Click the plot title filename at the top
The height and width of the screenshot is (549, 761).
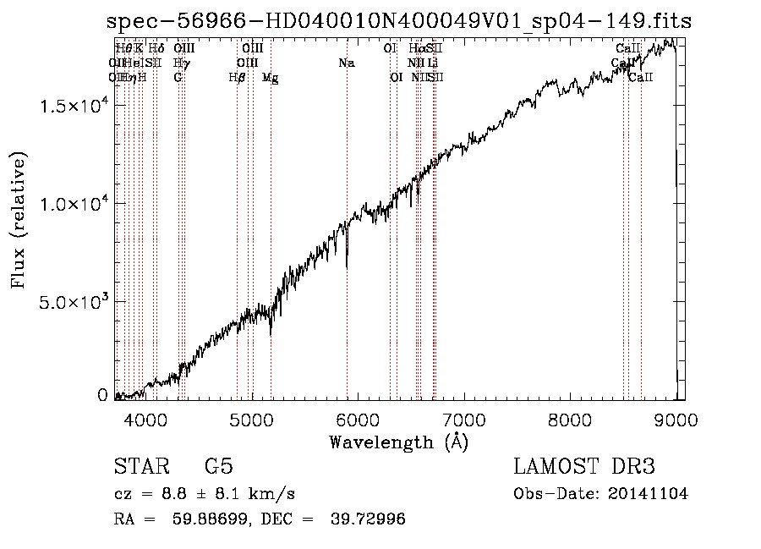click(398, 23)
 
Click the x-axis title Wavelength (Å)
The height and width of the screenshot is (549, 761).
click(398, 442)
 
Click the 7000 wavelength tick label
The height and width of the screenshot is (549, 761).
click(464, 419)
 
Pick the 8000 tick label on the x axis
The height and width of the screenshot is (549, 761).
click(570, 419)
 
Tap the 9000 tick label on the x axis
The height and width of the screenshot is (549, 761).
click(676, 419)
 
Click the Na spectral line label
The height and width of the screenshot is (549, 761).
click(346, 63)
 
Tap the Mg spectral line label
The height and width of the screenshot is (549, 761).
click(271, 78)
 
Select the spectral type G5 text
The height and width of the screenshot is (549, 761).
click(219, 467)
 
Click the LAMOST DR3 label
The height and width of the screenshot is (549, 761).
click(584, 467)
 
